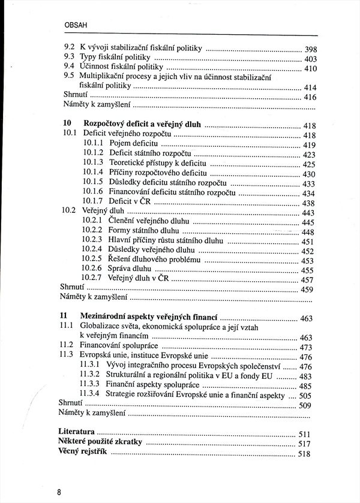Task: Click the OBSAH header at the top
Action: [76, 26]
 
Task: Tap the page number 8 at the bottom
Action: [59, 492]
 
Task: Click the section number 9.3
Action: [69, 58]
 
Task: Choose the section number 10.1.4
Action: [94, 173]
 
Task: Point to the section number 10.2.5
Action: [93, 260]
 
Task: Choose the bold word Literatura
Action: [77, 432]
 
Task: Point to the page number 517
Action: [304, 444]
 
